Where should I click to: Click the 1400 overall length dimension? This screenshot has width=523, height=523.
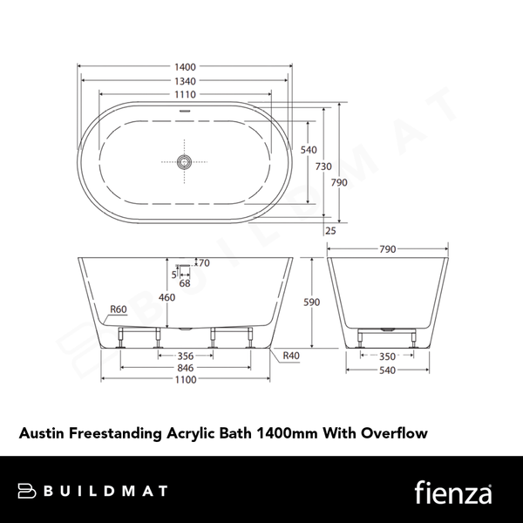[x=184, y=66]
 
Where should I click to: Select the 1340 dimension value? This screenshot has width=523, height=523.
[x=184, y=80]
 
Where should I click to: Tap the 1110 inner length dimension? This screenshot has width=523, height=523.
[x=184, y=94]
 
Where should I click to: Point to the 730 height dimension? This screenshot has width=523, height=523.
[x=323, y=166]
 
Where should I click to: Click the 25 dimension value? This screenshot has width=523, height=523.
[x=330, y=231]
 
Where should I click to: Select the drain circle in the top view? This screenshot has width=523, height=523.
[x=183, y=161]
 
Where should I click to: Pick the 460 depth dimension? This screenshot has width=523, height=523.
[x=166, y=297]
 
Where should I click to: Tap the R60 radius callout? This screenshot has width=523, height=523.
[x=119, y=309]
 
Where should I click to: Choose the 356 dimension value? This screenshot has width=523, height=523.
[x=185, y=355]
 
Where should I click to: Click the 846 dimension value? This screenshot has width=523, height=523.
[x=185, y=368]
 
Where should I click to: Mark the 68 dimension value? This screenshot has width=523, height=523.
[x=185, y=283]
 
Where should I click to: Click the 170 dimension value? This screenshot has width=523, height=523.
[x=203, y=263]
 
